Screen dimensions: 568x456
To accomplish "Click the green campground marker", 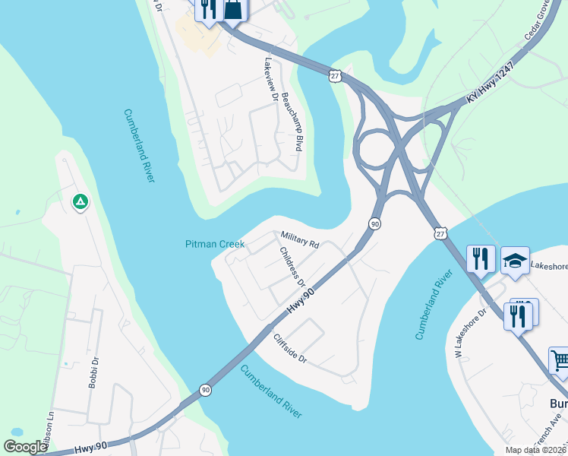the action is (80, 202).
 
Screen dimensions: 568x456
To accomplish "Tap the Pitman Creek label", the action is (215, 244).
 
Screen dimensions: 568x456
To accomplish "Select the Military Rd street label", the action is (300, 239).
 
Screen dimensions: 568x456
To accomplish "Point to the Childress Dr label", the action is (292, 267).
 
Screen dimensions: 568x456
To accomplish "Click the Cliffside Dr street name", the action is (290, 348).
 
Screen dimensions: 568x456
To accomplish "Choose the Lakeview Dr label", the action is (270, 76).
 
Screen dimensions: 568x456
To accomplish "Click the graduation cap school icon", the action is (516, 260).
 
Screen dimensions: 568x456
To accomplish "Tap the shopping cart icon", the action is (559, 359).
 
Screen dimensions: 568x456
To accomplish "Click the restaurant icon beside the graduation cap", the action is (481, 259).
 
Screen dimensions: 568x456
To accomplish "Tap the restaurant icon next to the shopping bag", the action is (208, 9).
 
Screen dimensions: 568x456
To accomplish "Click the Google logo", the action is (24, 447).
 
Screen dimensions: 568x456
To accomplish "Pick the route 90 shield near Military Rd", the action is (374, 224).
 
